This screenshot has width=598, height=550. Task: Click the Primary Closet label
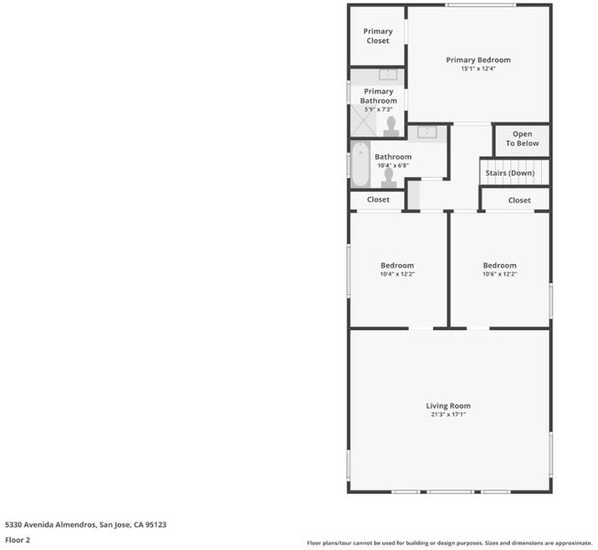[x=378, y=36]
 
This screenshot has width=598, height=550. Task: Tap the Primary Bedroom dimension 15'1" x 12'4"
[x=478, y=69]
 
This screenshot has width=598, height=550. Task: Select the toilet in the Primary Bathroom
[x=392, y=126]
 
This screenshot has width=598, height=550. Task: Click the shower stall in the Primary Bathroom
[x=363, y=120]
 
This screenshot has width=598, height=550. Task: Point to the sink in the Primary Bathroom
[x=388, y=74]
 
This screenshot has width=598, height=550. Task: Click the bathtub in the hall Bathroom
[x=360, y=164]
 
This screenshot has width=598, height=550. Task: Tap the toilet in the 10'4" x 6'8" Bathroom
[x=389, y=178]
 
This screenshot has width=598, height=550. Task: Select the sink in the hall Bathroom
[x=427, y=132]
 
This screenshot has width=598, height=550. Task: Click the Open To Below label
[x=522, y=138]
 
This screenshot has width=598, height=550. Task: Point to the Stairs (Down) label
[x=510, y=173]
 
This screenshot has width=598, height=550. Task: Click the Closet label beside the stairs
[x=519, y=200]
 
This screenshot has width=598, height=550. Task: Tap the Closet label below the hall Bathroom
[x=378, y=199]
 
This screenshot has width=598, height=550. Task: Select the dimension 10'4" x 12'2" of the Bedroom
[x=397, y=274]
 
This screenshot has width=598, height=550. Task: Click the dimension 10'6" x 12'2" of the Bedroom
[x=500, y=274]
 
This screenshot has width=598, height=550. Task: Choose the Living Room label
[x=448, y=406]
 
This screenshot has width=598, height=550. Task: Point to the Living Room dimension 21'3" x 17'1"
[x=448, y=414]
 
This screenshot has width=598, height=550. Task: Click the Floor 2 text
[x=17, y=540]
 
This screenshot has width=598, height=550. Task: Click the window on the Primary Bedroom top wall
[x=481, y=5]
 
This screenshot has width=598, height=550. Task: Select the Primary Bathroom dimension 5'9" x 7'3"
[x=378, y=109]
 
